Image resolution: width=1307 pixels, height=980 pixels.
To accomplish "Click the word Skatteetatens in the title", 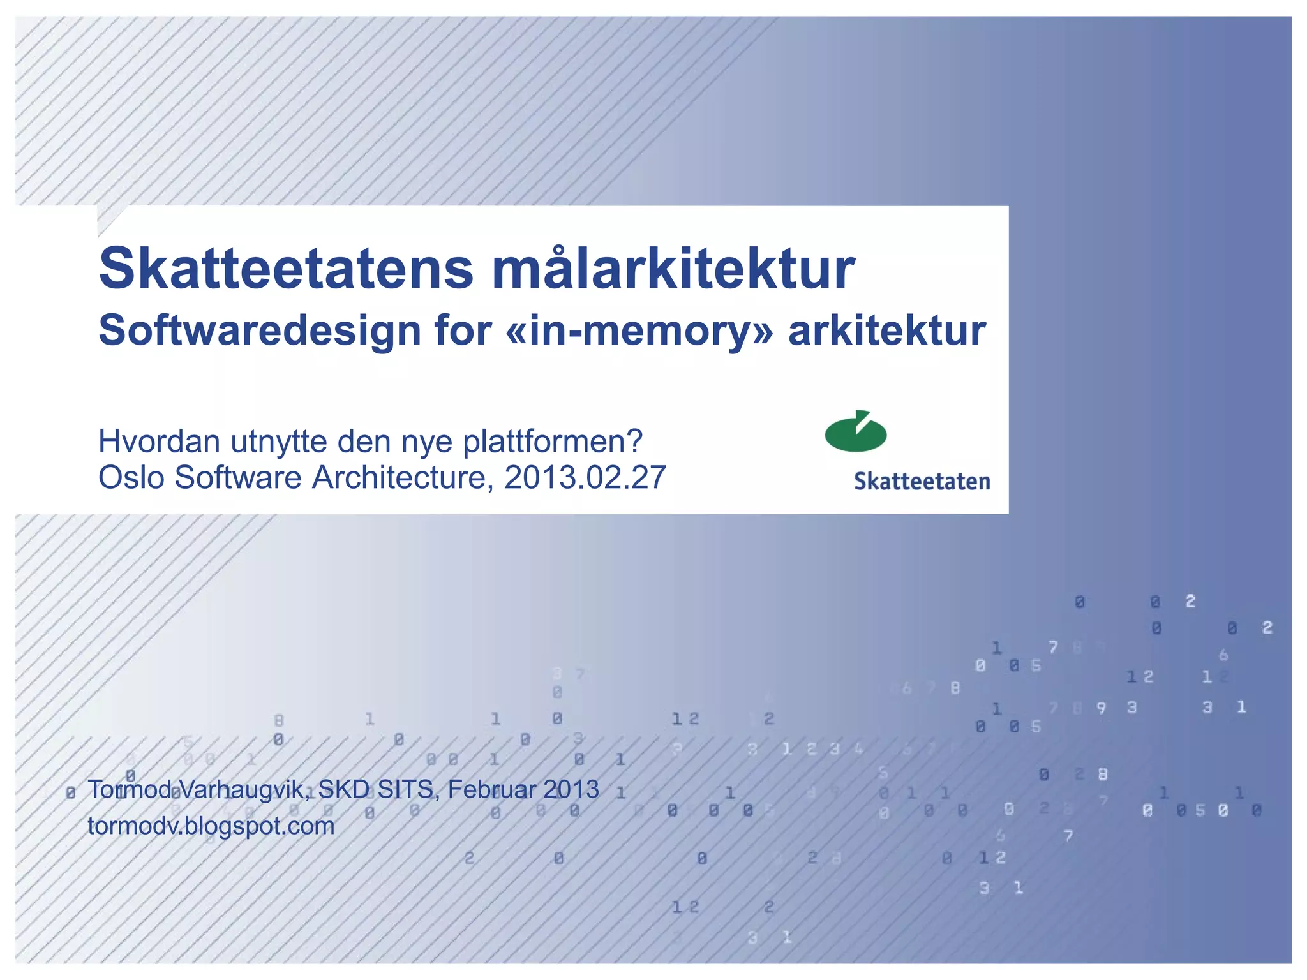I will pos(286,269).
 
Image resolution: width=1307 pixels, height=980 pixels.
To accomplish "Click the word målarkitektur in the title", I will pos(673,269).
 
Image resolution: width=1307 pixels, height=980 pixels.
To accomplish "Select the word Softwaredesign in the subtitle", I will pos(260,331).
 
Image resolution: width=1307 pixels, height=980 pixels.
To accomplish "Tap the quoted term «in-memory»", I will pos(638,331).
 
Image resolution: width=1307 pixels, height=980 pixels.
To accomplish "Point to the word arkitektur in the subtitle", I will pos(887,331).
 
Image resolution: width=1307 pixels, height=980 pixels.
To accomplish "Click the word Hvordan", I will pos(160,442).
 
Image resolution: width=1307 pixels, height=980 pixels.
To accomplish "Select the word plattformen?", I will pos(553,442).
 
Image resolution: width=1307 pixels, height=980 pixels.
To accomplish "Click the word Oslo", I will pos(131,478).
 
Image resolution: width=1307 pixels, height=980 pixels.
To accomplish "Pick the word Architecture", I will pos(402,478).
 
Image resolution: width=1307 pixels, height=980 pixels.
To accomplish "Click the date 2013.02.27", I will pos(585,478).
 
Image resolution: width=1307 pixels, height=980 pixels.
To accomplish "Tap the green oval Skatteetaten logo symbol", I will pos(856,433).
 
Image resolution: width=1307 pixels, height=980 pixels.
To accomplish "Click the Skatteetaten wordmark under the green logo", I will pos(922,482).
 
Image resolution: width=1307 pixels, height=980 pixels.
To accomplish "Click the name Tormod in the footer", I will pos(130,790).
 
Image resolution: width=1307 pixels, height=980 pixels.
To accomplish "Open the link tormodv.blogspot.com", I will pos(211,826).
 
